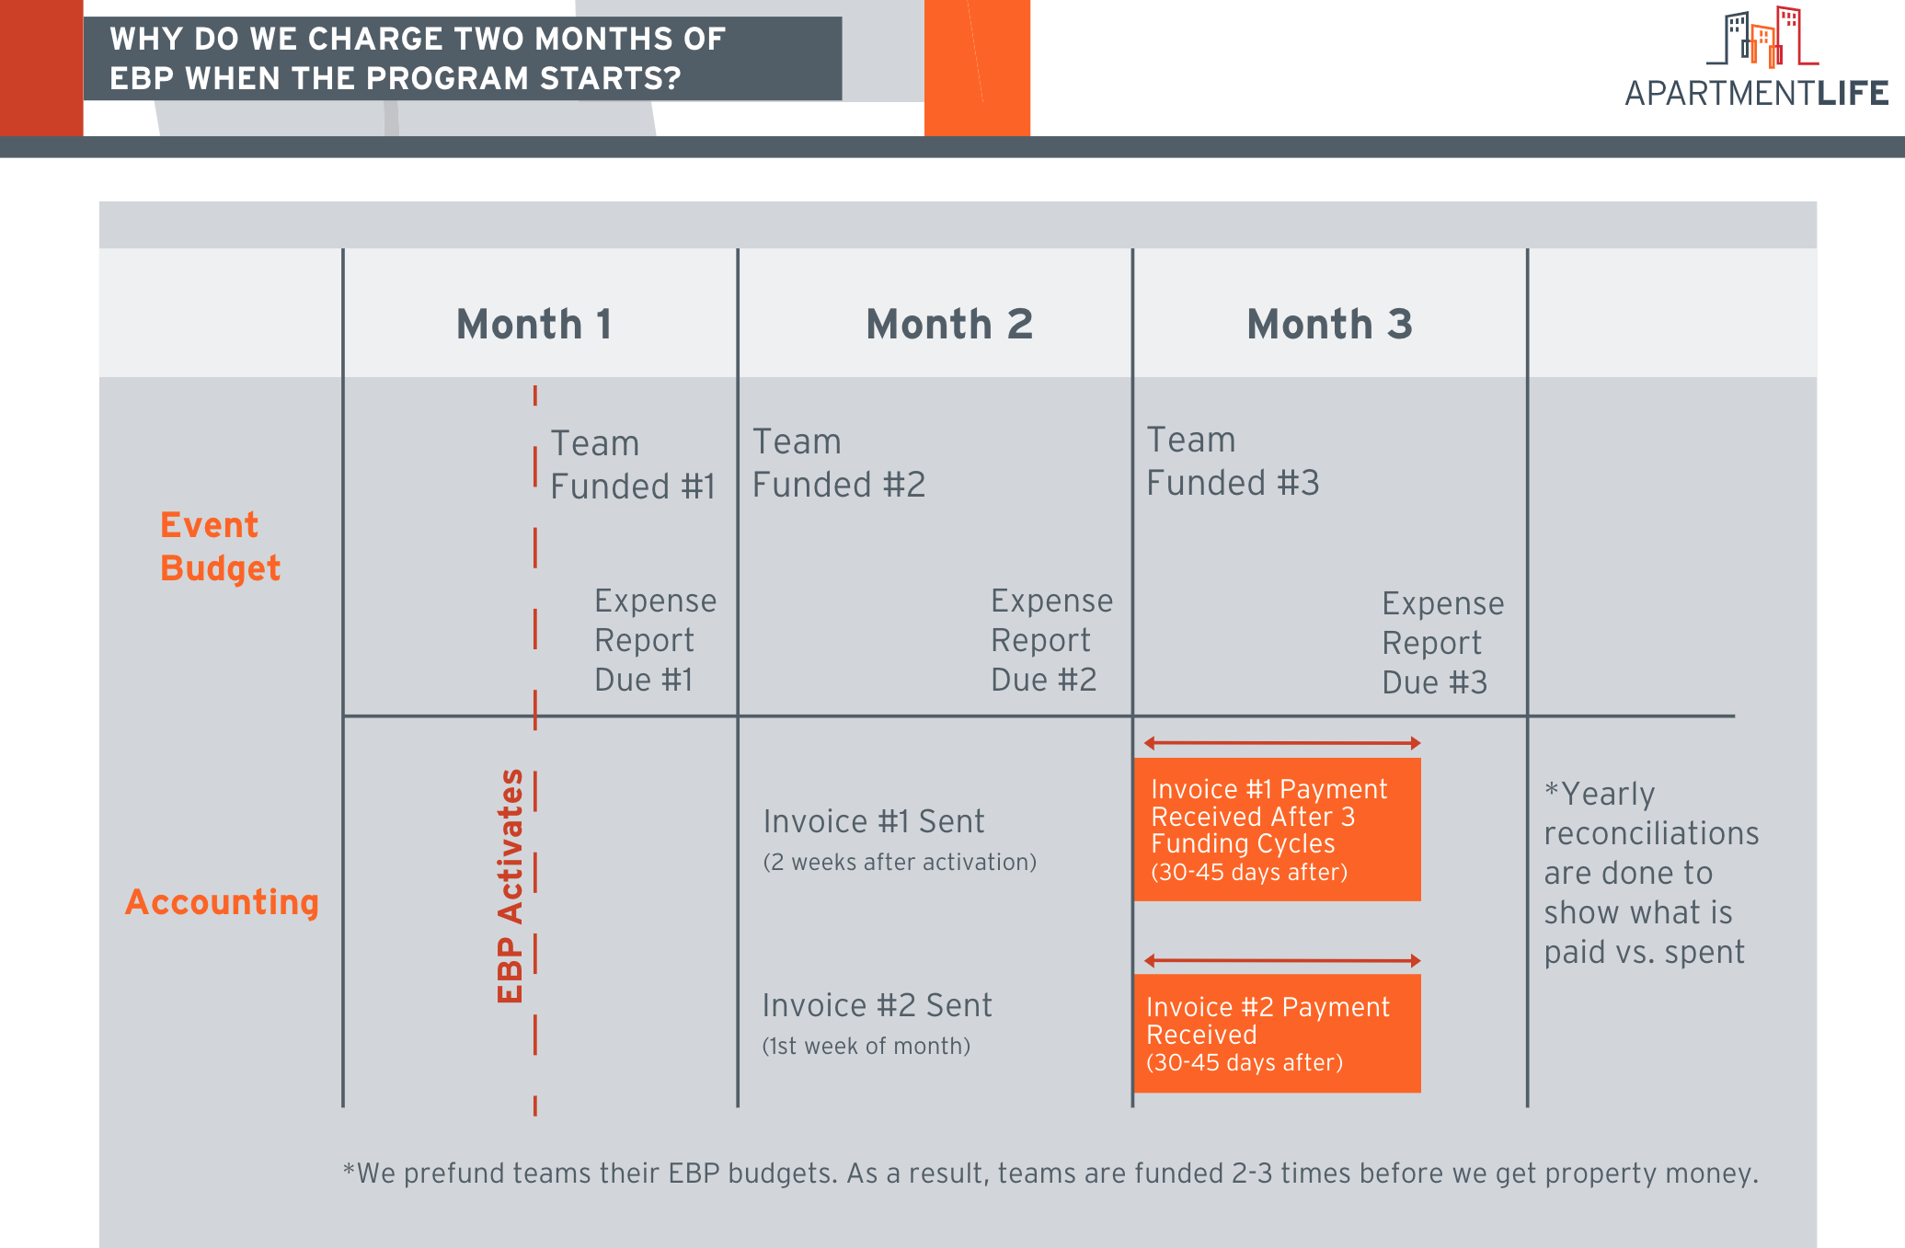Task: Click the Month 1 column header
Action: (x=534, y=325)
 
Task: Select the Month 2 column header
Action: (x=949, y=325)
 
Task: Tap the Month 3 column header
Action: (x=1329, y=325)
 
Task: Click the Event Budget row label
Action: (x=220, y=546)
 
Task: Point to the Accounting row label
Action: (x=223, y=902)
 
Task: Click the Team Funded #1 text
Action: (x=633, y=465)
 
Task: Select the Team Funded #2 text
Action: (x=839, y=464)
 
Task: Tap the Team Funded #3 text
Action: (x=1233, y=462)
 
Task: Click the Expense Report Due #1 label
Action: (x=655, y=640)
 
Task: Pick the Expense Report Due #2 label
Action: (x=1051, y=640)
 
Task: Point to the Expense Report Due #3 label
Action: (x=1443, y=643)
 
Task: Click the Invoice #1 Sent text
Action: (x=874, y=821)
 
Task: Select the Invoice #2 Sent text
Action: (x=877, y=1005)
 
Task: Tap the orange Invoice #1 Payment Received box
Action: (x=1278, y=830)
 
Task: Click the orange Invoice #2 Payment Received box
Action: (x=1278, y=1034)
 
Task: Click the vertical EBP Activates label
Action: (x=510, y=886)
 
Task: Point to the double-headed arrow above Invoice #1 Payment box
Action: (x=1282, y=743)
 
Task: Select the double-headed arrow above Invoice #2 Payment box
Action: (x=1282, y=961)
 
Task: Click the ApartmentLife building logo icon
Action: (x=1762, y=37)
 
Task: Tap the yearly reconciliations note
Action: (x=1651, y=873)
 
